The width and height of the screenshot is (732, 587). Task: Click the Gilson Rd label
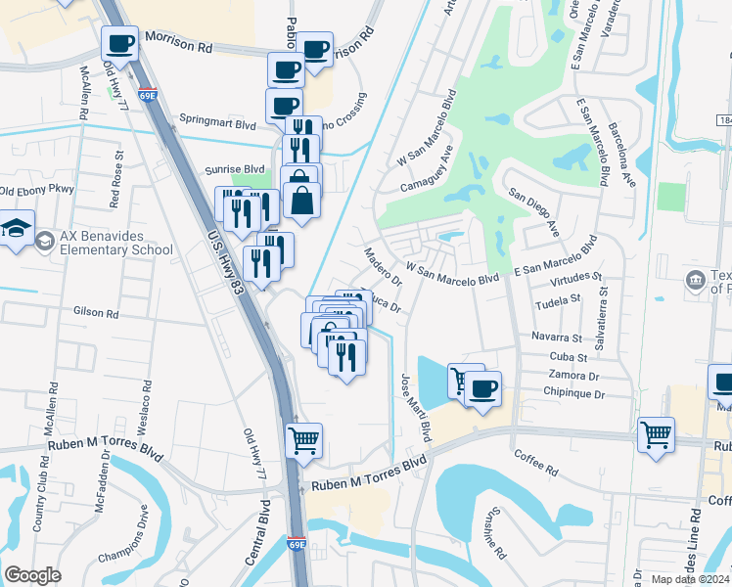coord(96,314)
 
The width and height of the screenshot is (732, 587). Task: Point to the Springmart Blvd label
coord(217,125)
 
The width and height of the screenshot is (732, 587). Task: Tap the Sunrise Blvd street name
coord(235,169)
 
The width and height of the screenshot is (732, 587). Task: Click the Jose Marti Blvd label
coord(414,404)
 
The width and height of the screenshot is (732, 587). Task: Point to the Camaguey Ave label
coord(427,169)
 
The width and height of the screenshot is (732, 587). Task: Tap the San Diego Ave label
coord(533,213)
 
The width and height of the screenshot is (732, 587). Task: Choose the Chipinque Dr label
coord(574,393)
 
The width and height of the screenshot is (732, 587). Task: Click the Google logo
coord(33,575)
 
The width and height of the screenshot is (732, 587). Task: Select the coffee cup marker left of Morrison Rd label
coord(120,43)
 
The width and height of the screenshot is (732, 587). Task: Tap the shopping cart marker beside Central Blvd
coord(304,440)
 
